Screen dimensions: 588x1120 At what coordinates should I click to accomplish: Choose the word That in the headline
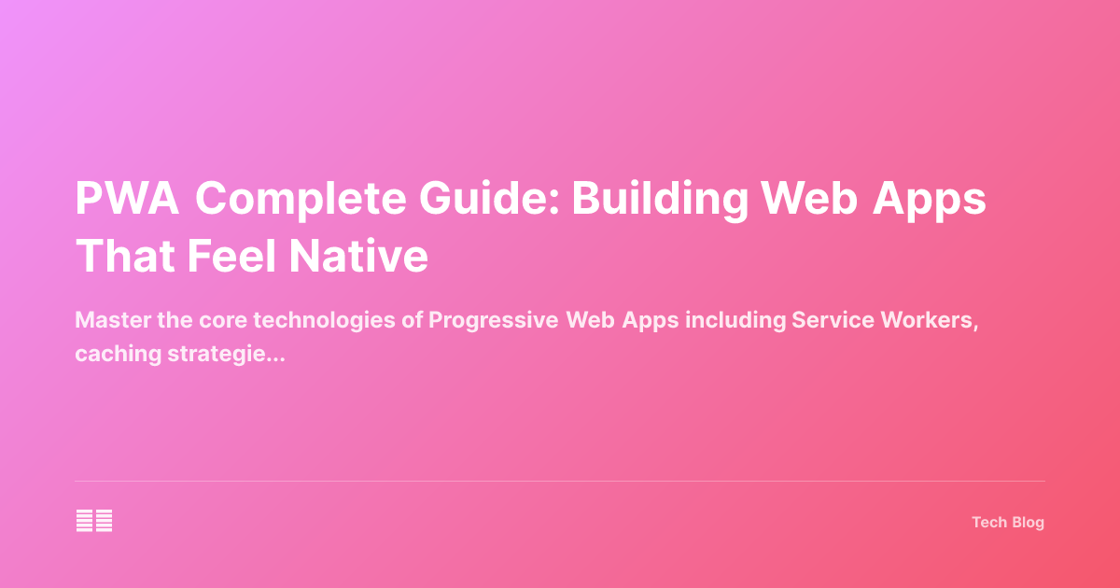[x=124, y=256]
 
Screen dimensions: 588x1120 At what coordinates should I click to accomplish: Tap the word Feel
[x=238, y=256]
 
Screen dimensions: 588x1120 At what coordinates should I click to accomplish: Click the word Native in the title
[x=371, y=256]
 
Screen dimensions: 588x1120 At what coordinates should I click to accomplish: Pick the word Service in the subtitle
[x=827, y=320]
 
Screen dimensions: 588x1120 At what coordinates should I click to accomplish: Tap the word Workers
[x=923, y=320]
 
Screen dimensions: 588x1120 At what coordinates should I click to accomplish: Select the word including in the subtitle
[x=735, y=320]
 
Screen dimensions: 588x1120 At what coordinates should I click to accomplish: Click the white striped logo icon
[x=94, y=522]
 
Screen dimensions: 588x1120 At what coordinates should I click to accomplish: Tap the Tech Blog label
[x=1008, y=523]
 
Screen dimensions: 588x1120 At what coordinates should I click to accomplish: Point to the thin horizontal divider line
[x=560, y=482]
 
